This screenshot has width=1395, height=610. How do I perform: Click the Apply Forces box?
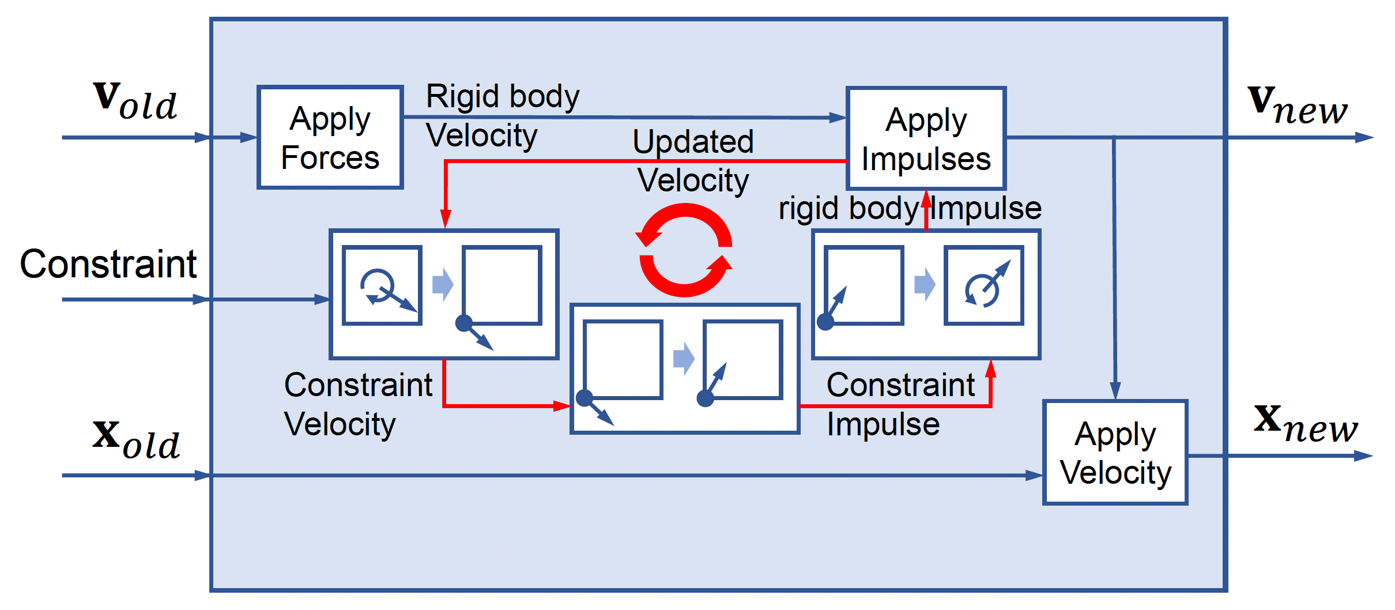click(330, 138)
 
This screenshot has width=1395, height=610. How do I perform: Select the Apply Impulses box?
click(926, 139)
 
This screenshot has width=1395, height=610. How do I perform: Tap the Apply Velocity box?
click(1115, 453)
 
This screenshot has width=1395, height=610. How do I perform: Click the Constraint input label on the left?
click(108, 264)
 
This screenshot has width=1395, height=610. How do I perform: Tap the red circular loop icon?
click(685, 250)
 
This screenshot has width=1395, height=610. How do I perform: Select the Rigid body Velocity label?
click(502, 115)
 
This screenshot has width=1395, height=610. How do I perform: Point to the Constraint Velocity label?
click(357, 404)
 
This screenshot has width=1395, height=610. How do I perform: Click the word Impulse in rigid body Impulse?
click(986, 208)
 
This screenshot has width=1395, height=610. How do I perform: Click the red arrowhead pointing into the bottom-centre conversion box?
click(561, 406)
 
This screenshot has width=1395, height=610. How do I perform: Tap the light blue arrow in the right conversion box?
click(925, 284)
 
